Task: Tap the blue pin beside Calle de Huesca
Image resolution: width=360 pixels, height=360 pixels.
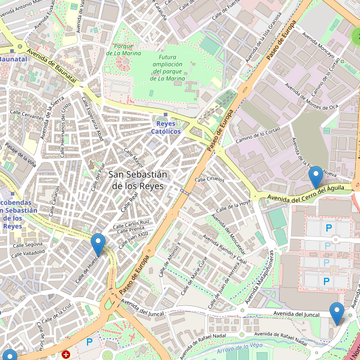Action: pyautogui.click(x=98, y=244)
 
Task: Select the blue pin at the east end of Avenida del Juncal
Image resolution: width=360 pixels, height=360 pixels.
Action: pyautogui.click(x=337, y=313)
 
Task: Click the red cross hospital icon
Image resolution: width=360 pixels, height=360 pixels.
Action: pyautogui.click(x=66, y=355)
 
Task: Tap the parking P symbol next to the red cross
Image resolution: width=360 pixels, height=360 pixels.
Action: pyautogui.click(x=89, y=342)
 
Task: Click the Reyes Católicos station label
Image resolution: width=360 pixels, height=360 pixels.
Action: pyautogui.click(x=166, y=127)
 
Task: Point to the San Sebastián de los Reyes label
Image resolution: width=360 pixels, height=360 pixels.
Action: pyautogui.click(x=138, y=179)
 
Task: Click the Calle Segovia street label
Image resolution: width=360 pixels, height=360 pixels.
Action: pyautogui.click(x=28, y=244)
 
